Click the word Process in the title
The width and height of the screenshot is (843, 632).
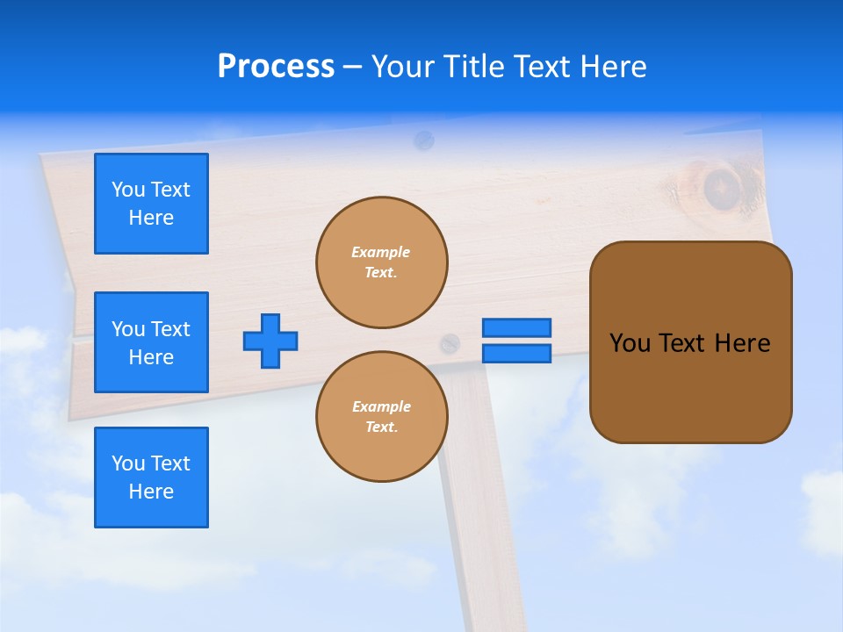click(x=276, y=67)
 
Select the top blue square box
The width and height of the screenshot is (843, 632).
click(x=151, y=204)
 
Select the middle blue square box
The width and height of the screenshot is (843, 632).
click(x=151, y=342)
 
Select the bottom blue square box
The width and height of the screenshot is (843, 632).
click(x=151, y=478)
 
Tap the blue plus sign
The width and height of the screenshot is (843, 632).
click(x=270, y=341)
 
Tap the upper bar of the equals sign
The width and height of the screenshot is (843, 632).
click(x=516, y=327)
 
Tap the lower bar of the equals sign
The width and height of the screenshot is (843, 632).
click(x=516, y=353)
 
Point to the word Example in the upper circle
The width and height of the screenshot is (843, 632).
click(x=380, y=252)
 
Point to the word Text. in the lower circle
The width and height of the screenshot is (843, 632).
click(x=381, y=427)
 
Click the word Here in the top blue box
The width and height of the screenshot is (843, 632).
click(x=151, y=218)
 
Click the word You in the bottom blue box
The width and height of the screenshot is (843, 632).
click(x=127, y=463)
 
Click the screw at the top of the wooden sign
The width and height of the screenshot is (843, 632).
click(x=423, y=139)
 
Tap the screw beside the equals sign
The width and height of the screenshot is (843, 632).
click(x=450, y=343)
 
